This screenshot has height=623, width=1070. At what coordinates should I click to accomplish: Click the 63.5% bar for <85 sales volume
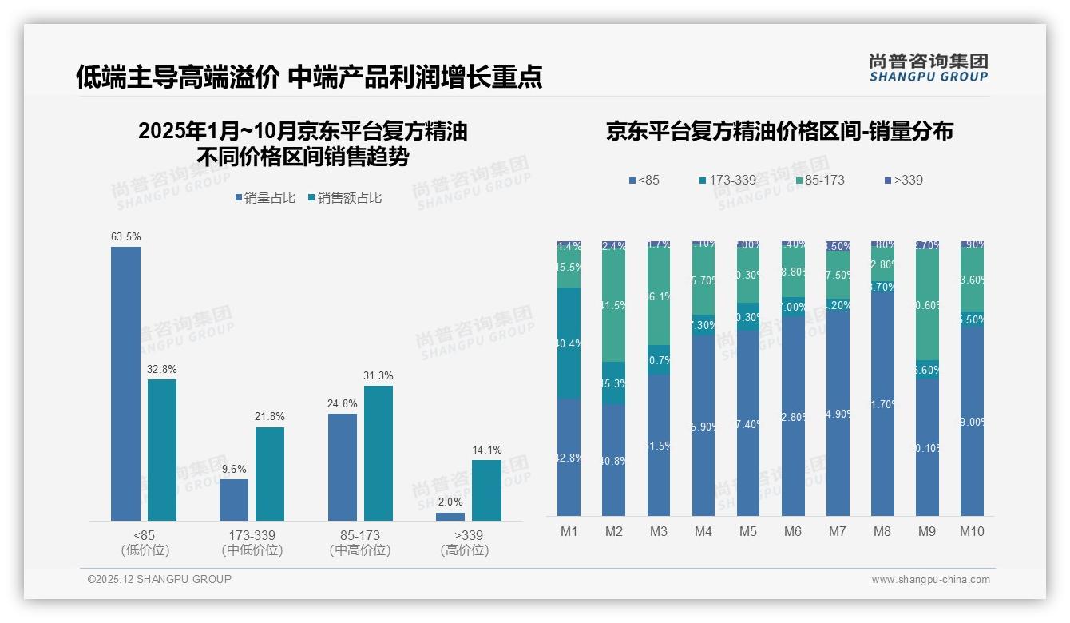[125, 383]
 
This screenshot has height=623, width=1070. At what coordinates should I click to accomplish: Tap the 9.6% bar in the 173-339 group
[234, 500]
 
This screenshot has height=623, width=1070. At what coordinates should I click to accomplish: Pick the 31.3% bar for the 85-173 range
[378, 453]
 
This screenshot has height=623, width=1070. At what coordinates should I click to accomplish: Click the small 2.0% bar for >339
[450, 517]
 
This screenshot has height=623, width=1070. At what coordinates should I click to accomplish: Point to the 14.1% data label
[487, 450]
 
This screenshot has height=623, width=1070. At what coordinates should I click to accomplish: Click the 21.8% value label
[270, 417]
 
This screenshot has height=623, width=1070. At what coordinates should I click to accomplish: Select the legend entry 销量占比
[269, 198]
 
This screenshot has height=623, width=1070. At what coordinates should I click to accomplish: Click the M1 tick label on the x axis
[569, 532]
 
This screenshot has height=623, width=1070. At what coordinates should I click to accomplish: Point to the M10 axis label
[972, 532]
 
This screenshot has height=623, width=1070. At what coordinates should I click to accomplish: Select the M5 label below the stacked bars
[747, 532]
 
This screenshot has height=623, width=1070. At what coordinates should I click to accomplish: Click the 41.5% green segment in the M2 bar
[613, 306]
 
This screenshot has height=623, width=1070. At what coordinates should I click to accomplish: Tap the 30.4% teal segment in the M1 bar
[569, 343]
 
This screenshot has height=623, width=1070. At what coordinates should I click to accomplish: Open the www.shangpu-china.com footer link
[930, 580]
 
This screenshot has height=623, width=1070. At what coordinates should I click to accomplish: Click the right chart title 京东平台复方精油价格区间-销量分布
[779, 132]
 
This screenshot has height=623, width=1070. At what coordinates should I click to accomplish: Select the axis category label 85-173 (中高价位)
[360, 542]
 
